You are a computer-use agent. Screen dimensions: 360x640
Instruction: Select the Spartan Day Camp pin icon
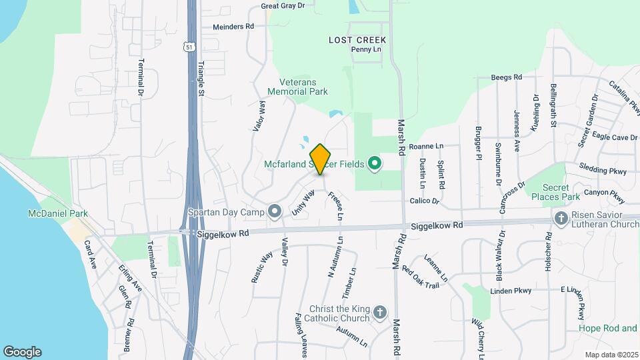(x=275, y=211)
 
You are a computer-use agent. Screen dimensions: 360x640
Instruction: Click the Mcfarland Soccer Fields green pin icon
(x=375, y=163)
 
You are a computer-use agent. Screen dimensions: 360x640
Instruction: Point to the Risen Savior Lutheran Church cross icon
(x=561, y=217)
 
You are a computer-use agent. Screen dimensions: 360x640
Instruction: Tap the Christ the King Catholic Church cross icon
(x=379, y=312)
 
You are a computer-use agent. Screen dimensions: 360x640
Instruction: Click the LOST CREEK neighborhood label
(x=357, y=40)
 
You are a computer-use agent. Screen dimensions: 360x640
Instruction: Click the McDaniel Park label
(x=58, y=213)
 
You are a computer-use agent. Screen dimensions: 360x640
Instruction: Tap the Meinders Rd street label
(x=233, y=27)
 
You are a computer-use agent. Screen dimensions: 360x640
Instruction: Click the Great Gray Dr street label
(x=283, y=5)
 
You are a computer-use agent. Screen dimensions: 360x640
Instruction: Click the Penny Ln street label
(x=366, y=49)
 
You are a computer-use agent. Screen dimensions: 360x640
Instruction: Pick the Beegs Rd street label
(x=507, y=77)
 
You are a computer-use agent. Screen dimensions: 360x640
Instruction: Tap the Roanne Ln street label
(x=426, y=146)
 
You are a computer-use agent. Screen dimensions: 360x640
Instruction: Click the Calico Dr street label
(x=425, y=201)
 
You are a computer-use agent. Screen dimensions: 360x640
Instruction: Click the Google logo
(x=22, y=352)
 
